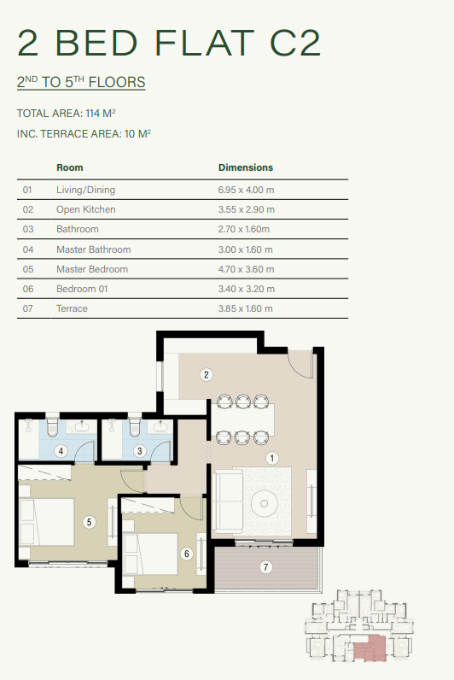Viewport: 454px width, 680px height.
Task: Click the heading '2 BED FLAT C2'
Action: pyautogui.click(x=169, y=43)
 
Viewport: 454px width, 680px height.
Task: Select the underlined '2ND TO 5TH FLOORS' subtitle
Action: pyautogui.click(x=81, y=83)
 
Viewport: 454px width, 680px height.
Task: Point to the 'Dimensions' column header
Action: pyautogui.click(x=246, y=167)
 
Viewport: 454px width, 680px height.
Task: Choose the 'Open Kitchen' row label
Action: pyautogui.click(x=86, y=209)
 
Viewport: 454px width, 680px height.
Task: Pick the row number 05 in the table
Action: pyautogui.click(x=27, y=269)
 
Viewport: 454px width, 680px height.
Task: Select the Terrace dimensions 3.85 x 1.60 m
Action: pyautogui.click(x=246, y=308)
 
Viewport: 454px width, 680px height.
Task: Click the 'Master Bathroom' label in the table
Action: pyautogui.click(x=94, y=249)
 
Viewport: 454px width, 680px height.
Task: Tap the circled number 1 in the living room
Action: pyautogui.click(x=272, y=458)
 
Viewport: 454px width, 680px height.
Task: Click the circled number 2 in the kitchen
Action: pyautogui.click(x=206, y=373)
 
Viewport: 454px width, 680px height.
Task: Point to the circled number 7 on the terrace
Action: pyautogui.click(x=265, y=566)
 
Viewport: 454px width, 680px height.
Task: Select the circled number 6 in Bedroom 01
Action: pyautogui.click(x=187, y=553)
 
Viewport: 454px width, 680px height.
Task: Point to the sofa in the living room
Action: pyautogui.click(x=230, y=501)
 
